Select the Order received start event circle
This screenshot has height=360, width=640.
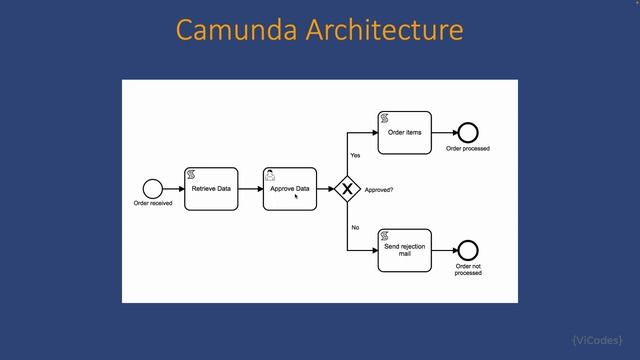[x=152, y=188]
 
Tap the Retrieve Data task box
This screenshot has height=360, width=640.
[x=212, y=189]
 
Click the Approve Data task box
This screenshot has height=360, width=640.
[x=290, y=189]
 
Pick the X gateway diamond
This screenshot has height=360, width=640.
[x=347, y=188]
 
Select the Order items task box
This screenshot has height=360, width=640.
[x=405, y=133]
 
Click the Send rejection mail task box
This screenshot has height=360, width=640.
[x=405, y=250]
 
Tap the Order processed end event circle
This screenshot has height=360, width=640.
[x=467, y=133]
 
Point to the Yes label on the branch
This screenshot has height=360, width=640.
[x=355, y=155]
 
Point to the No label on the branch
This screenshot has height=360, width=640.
[x=355, y=227]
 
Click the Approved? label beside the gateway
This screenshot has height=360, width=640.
[x=379, y=189]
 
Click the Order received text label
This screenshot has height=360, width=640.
[x=153, y=204]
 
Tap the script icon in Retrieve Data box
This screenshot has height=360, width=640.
[x=191, y=174]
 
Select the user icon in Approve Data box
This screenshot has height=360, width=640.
[x=270, y=174]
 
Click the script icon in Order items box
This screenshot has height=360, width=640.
[x=384, y=118]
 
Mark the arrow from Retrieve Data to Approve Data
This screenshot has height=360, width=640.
[x=251, y=189]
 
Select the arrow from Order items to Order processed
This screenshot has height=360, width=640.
[x=443, y=133]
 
